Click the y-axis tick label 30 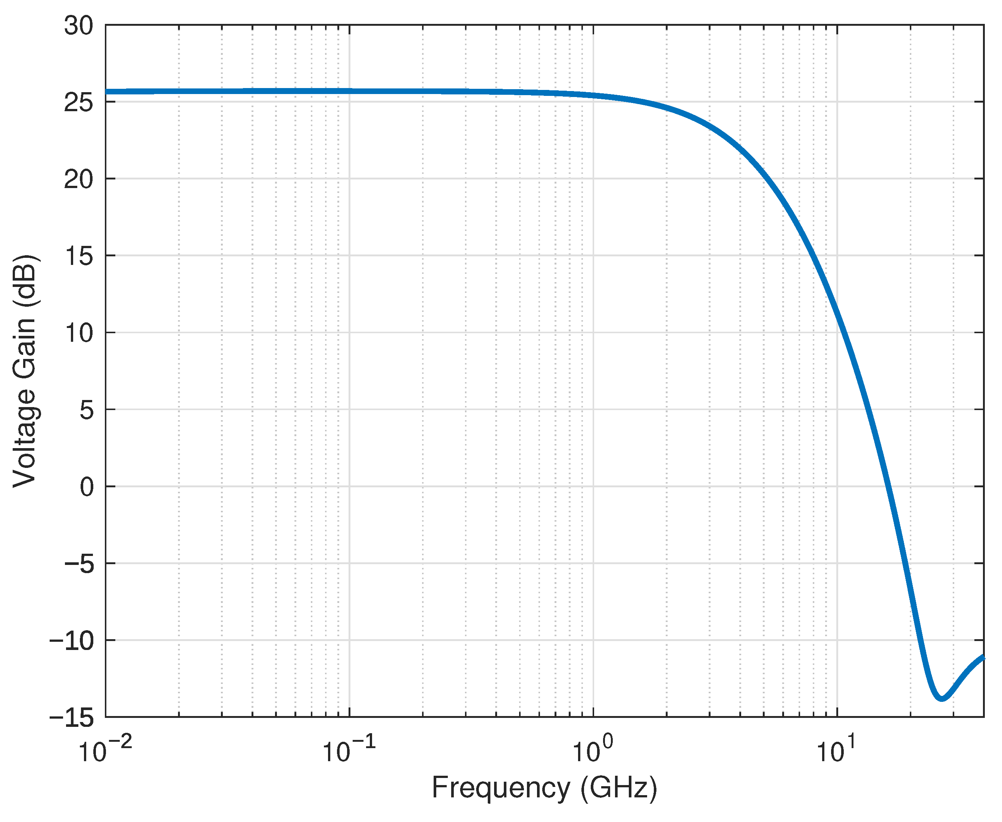pos(79,26)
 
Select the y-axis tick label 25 pos(79,102)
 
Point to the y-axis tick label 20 pos(79,179)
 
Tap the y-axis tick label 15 pos(79,256)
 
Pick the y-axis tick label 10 pos(79,333)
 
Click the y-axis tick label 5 pos(87,410)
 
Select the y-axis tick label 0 pos(87,487)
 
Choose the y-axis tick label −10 pos(72,641)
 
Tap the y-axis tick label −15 pos(72,718)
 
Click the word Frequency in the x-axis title pos(500,789)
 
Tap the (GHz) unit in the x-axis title pos(619,789)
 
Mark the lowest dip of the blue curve pos(942,698)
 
